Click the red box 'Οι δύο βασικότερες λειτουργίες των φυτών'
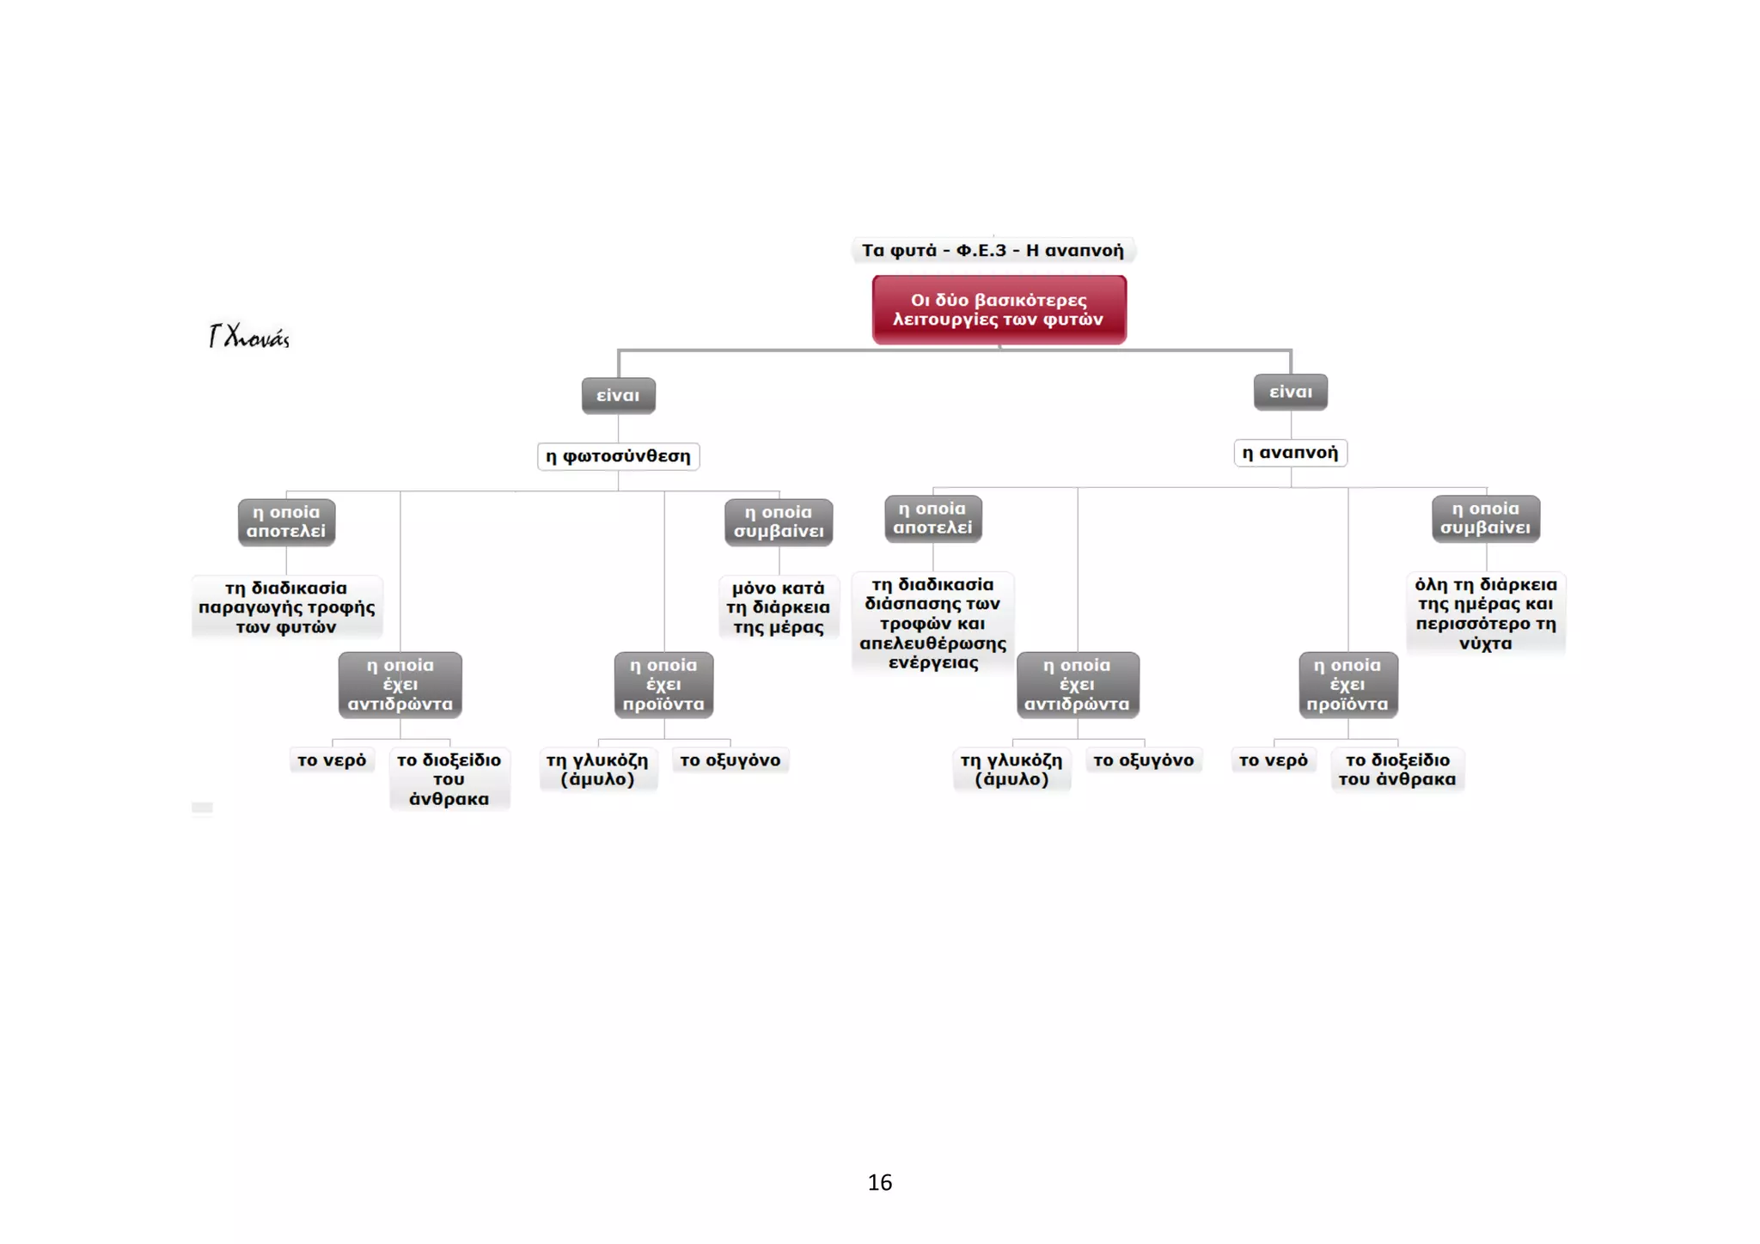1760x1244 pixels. click(x=999, y=309)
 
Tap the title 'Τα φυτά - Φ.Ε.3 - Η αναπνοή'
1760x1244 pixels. click(x=993, y=250)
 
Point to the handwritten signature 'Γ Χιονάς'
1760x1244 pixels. click(x=249, y=336)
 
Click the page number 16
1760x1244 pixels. click(x=880, y=1182)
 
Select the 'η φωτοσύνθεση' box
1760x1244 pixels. click(x=618, y=456)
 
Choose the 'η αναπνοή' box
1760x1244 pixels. click(x=1290, y=453)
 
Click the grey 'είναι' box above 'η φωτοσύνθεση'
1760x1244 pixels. click(x=618, y=395)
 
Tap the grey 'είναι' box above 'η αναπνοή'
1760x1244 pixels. click(x=1291, y=392)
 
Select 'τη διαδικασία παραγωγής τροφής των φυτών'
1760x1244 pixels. click(x=286, y=607)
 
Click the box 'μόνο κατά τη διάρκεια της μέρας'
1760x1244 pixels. click(x=779, y=607)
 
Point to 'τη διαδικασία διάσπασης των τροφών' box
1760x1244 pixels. click(x=932, y=623)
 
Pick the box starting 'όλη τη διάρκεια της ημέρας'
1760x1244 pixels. click(x=1486, y=613)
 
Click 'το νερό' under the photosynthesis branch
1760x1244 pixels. click(x=332, y=760)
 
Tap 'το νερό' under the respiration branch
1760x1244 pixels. click(x=1273, y=760)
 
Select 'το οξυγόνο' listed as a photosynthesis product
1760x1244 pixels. click(x=730, y=760)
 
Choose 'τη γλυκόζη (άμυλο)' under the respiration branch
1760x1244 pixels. click(x=1011, y=770)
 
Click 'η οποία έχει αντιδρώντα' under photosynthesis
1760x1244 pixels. click(x=400, y=685)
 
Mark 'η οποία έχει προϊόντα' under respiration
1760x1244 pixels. click(x=1347, y=685)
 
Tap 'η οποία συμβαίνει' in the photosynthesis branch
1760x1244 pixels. click(x=779, y=521)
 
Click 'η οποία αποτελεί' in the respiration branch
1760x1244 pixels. click(x=932, y=518)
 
